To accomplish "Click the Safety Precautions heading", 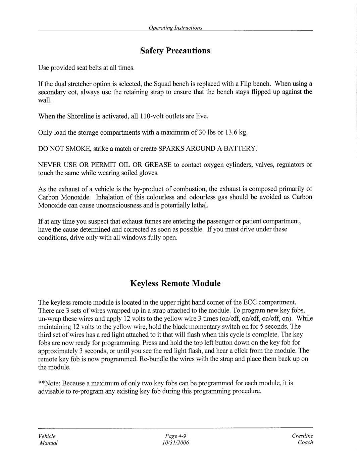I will point(175,51).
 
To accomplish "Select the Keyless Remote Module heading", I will point(175,283).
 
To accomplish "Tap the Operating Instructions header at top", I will point(175,28).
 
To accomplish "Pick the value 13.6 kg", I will point(237,132).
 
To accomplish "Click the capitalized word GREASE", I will point(158,165).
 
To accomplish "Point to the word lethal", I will point(200,205).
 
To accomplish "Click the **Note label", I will point(49,383).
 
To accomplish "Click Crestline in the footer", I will point(302,436).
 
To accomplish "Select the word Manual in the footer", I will point(48,443).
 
